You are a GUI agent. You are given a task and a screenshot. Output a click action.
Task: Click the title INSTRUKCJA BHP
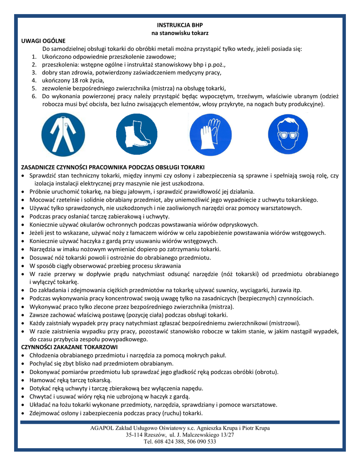pos(180,25)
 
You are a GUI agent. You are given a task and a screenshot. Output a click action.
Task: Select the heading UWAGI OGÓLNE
pos(44,41)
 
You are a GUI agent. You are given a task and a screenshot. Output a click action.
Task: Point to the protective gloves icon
pos(207,135)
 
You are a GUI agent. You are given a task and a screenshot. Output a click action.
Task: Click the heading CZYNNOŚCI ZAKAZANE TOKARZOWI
pos(69,347)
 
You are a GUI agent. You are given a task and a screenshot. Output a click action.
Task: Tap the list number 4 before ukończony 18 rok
pos(34,80)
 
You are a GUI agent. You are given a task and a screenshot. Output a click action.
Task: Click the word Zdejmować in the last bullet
pos(45,413)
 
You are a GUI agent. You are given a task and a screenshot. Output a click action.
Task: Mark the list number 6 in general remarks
pos(34,96)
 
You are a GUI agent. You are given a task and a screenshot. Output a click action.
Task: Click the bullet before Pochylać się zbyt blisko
pos(23,364)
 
